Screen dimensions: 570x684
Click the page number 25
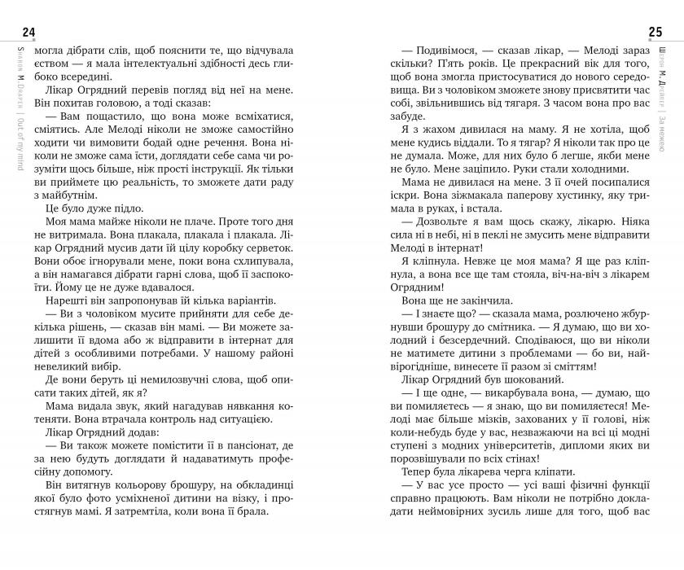coord(655,33)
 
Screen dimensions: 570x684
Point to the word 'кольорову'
coord(142,498)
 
